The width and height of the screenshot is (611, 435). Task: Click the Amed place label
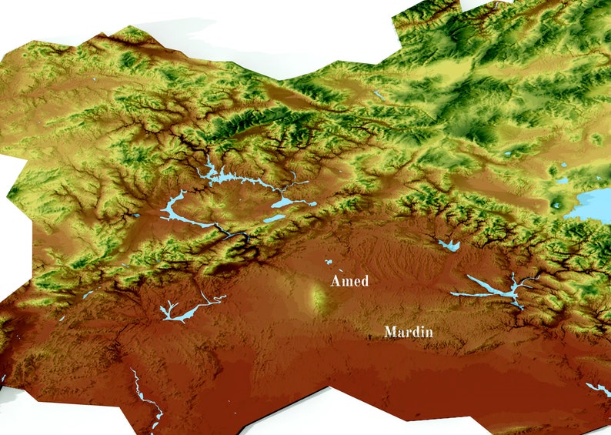(349, 281)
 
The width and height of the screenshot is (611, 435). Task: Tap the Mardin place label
(409, 333)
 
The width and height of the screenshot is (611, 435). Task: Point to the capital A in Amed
(336, 281)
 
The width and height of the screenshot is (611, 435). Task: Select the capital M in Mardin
(390, 333)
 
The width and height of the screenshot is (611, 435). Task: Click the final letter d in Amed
(364, 281)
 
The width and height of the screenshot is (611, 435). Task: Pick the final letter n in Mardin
(429, 333)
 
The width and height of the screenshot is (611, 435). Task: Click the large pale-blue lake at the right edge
(593, 205)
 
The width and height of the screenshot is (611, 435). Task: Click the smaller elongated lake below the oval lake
(273, 218)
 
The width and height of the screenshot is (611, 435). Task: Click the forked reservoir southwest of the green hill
(176, 313)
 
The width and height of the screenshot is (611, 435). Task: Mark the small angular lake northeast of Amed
(449, 246)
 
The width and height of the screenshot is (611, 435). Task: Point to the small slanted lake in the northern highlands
(379, 96)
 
